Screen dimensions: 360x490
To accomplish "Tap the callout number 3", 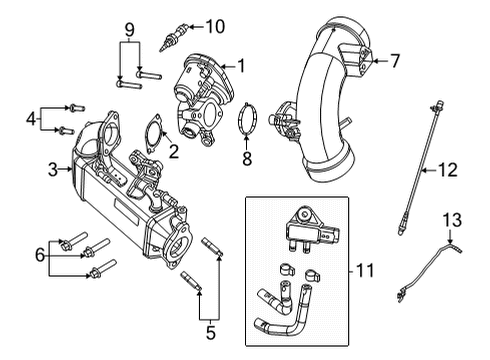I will (x=52, y=171).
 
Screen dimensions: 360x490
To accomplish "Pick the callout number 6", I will (x=40, y=256).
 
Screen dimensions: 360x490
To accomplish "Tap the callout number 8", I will (x=248, y=157).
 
